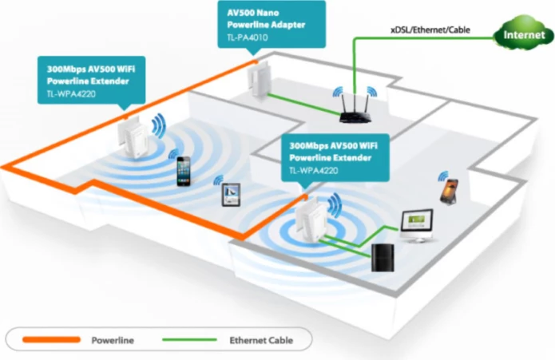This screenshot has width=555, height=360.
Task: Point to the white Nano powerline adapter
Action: [x=257, y=80]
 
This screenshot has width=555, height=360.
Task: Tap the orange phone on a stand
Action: [x=446, y=188]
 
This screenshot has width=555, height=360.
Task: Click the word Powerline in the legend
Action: [x=113, y=340]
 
